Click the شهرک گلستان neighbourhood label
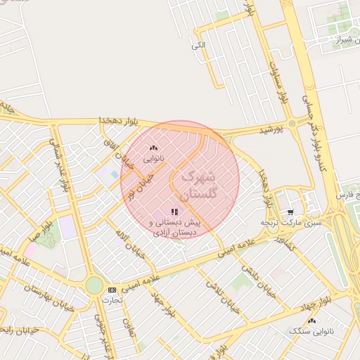pyautogui.click(x=200, y=185)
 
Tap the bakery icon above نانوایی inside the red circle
pyautogui.click(x=154, y=148)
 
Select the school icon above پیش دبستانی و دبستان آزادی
pyautogui.click(x=174, y=211)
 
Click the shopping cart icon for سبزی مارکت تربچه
pyautogui.click(x=290, y=212)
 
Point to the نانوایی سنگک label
pyautogui.click(x=316, y=330)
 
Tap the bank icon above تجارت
pyautogui.click(x=112, y=290)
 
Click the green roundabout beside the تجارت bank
pyautogui.click(x=94, y=285)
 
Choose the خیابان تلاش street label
pyautogui.click(x=219, y=294)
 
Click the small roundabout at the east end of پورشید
pyautogui.click(x=291, y=124)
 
